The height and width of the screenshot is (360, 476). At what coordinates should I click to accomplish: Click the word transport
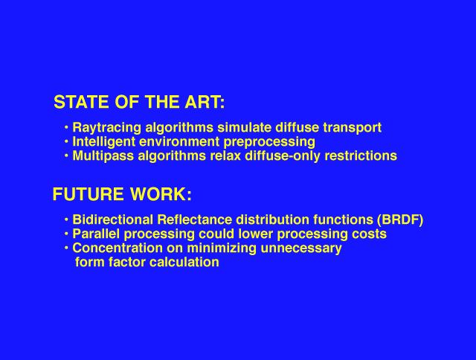click(x=353, y=128)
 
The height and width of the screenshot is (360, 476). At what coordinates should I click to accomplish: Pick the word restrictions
click(x=361, y=155)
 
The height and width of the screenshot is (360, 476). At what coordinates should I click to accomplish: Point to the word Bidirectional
click(x=113, y=219)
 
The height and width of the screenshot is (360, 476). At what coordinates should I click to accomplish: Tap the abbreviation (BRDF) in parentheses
click(x=400, y=219)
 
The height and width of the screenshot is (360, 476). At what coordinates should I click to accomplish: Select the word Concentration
click(x=118, y=248)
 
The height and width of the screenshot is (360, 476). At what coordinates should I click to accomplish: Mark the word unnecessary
click(x=301, y=248)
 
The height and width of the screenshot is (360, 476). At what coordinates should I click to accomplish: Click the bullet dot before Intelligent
click(x=66, y=141)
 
